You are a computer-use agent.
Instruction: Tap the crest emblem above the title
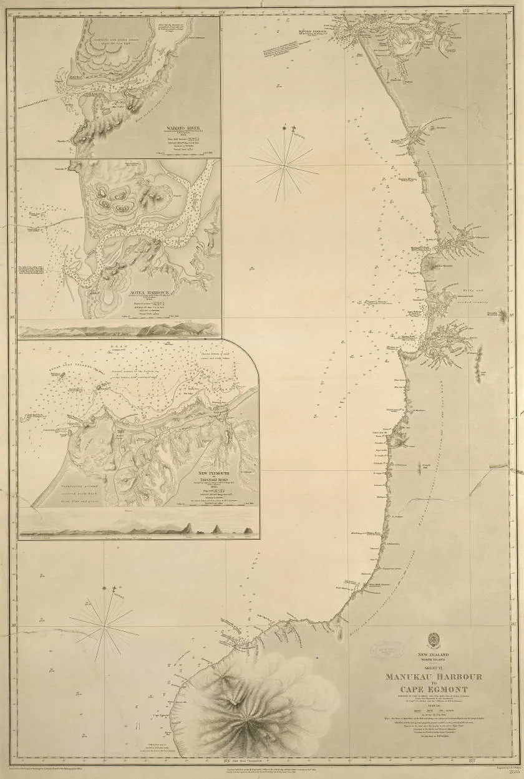[434, 639]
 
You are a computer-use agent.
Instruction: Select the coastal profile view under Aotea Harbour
[119, 329]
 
